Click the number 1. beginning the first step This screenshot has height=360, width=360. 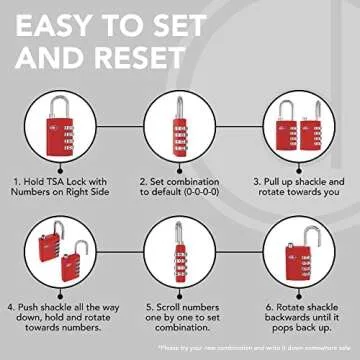click(x=18, y=182)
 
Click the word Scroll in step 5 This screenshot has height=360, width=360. click(x=158, y=306)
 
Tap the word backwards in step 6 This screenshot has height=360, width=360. click(x=284, y=318)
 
